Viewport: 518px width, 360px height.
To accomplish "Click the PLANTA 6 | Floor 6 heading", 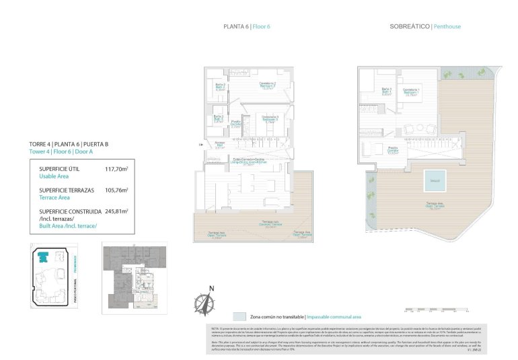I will click(x=246, y=27).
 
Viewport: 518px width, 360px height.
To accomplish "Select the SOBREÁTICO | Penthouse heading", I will click(x=425, y=27).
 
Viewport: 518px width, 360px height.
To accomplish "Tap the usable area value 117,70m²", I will click(x=116, y=170).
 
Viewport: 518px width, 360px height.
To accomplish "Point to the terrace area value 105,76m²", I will click(x=116, y=190).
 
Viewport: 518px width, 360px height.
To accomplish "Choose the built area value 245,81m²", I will click(x=116, y=211).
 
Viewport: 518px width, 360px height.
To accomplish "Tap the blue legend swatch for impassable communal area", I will click(x=239, y=316).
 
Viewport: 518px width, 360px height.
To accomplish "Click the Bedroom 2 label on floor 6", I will click(x=270, y=85).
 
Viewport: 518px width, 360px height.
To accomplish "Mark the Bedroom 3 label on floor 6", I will click(x=270, y=120).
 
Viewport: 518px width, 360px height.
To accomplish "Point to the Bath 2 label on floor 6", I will click(x=219, y=87).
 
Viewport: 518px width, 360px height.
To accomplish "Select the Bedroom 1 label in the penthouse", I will click(x=412, y=92).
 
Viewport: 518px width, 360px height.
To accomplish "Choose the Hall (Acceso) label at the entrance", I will click(x=219, y=145).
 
